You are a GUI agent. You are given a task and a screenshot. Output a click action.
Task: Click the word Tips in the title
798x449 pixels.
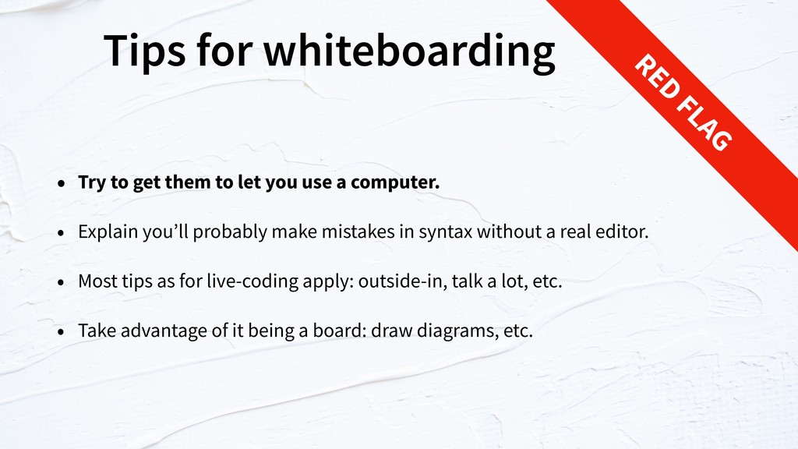pyautogui.click(x=145, y=51)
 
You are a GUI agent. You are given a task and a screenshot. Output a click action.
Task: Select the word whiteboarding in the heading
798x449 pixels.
pyautogui.click(x=409, y=51)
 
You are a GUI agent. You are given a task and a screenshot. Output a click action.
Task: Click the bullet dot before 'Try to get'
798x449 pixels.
pyautogui.click(x=62, y=182)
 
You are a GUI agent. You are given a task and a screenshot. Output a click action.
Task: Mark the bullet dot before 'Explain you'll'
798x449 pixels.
pyautogui.click(x=62, y=232)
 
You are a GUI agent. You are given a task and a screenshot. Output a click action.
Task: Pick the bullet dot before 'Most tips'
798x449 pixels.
pyautogui.click(x=62, y=282)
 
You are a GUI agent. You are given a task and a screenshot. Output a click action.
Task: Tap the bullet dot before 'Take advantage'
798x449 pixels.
pyautogui.click(x=62, y=331)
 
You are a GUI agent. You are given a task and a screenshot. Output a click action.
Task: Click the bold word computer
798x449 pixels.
pyautogui.click(x=395, y=182)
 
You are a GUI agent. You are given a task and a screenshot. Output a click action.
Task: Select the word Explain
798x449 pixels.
pyautogui.click(x=108, y=232)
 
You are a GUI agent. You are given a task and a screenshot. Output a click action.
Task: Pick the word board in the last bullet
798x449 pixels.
pyautogui.click(x=340, y=331)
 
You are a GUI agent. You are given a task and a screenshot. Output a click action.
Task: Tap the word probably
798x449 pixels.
pyautogui.click(x=230, y=232)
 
